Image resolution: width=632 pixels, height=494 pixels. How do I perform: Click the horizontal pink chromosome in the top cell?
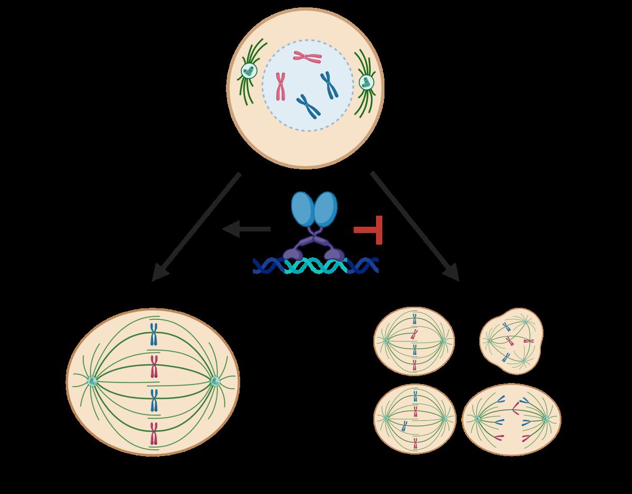(x=308, y=56)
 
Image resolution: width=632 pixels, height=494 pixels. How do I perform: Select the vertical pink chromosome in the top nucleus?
(x=281, y=86)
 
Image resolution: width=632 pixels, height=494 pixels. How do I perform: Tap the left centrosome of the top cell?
(x=248, y=70)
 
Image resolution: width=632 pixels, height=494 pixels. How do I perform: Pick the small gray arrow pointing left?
(x=246, y=229)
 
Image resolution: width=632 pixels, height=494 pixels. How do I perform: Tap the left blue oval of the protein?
(x=303, y=209)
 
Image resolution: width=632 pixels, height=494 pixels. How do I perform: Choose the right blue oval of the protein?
(x=325, y=209)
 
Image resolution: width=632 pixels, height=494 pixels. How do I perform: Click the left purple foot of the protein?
(x=293, y=254)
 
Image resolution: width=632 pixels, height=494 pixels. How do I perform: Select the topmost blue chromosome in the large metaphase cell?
(x=154, y=334)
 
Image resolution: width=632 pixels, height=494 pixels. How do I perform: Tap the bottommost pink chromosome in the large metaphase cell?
(x=154, y=433)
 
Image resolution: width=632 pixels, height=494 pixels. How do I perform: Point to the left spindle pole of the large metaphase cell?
(x=93, y=381)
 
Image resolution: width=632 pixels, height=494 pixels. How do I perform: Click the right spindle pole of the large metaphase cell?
(x=214, y=381)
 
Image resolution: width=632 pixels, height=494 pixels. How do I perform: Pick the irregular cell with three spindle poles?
(x=511, y=341)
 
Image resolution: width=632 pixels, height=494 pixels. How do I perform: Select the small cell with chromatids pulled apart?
(x=511, y=419)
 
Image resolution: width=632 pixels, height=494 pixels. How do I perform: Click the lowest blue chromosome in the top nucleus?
(x=308, y=105)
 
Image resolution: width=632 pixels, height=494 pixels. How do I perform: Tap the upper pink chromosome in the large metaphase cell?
(x=154, y=367)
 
